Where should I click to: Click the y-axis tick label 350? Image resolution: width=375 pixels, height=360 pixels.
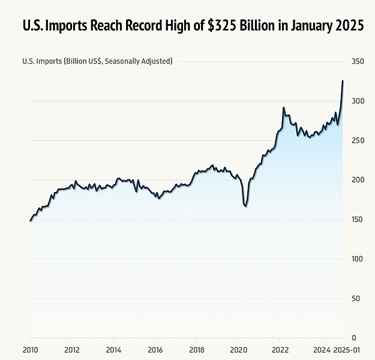click(x=358, y=61)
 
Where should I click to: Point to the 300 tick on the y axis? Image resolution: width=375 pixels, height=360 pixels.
click(x=358, y=101)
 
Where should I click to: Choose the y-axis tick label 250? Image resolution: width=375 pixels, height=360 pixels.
click(x=358, y=140)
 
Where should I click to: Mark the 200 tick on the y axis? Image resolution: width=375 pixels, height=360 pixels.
click(x=358, y=180)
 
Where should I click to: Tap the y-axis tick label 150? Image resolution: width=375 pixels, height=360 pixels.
click(x=358, y=220)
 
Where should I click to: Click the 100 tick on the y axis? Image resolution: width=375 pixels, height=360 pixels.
click(x=358, y=259)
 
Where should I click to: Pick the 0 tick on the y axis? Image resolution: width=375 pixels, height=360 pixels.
click(x=353, y=338)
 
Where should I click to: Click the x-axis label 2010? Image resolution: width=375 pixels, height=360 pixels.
click(x=30, y=350)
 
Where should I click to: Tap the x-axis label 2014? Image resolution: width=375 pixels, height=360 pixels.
click(x=113, y=350)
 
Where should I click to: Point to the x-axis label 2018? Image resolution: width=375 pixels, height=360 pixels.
click(x=197, y=350)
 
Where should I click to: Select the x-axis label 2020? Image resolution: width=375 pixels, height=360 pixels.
click(x=238, y=350)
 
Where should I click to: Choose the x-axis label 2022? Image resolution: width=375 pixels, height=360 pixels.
click(x=280, y=350)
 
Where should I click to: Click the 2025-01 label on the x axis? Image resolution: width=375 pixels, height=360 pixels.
click(x=347, y=350)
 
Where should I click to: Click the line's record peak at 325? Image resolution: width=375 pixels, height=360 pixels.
click(x=343, y=81)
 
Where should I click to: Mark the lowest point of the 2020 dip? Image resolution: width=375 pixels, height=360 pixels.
click(x=245, y=207)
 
